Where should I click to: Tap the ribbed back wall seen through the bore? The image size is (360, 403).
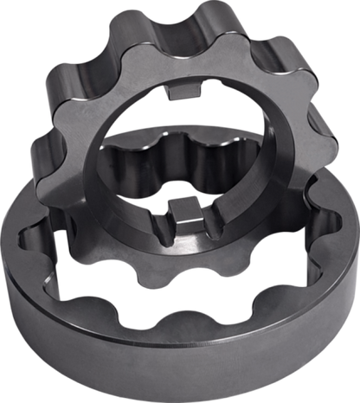tap(173, 160)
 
